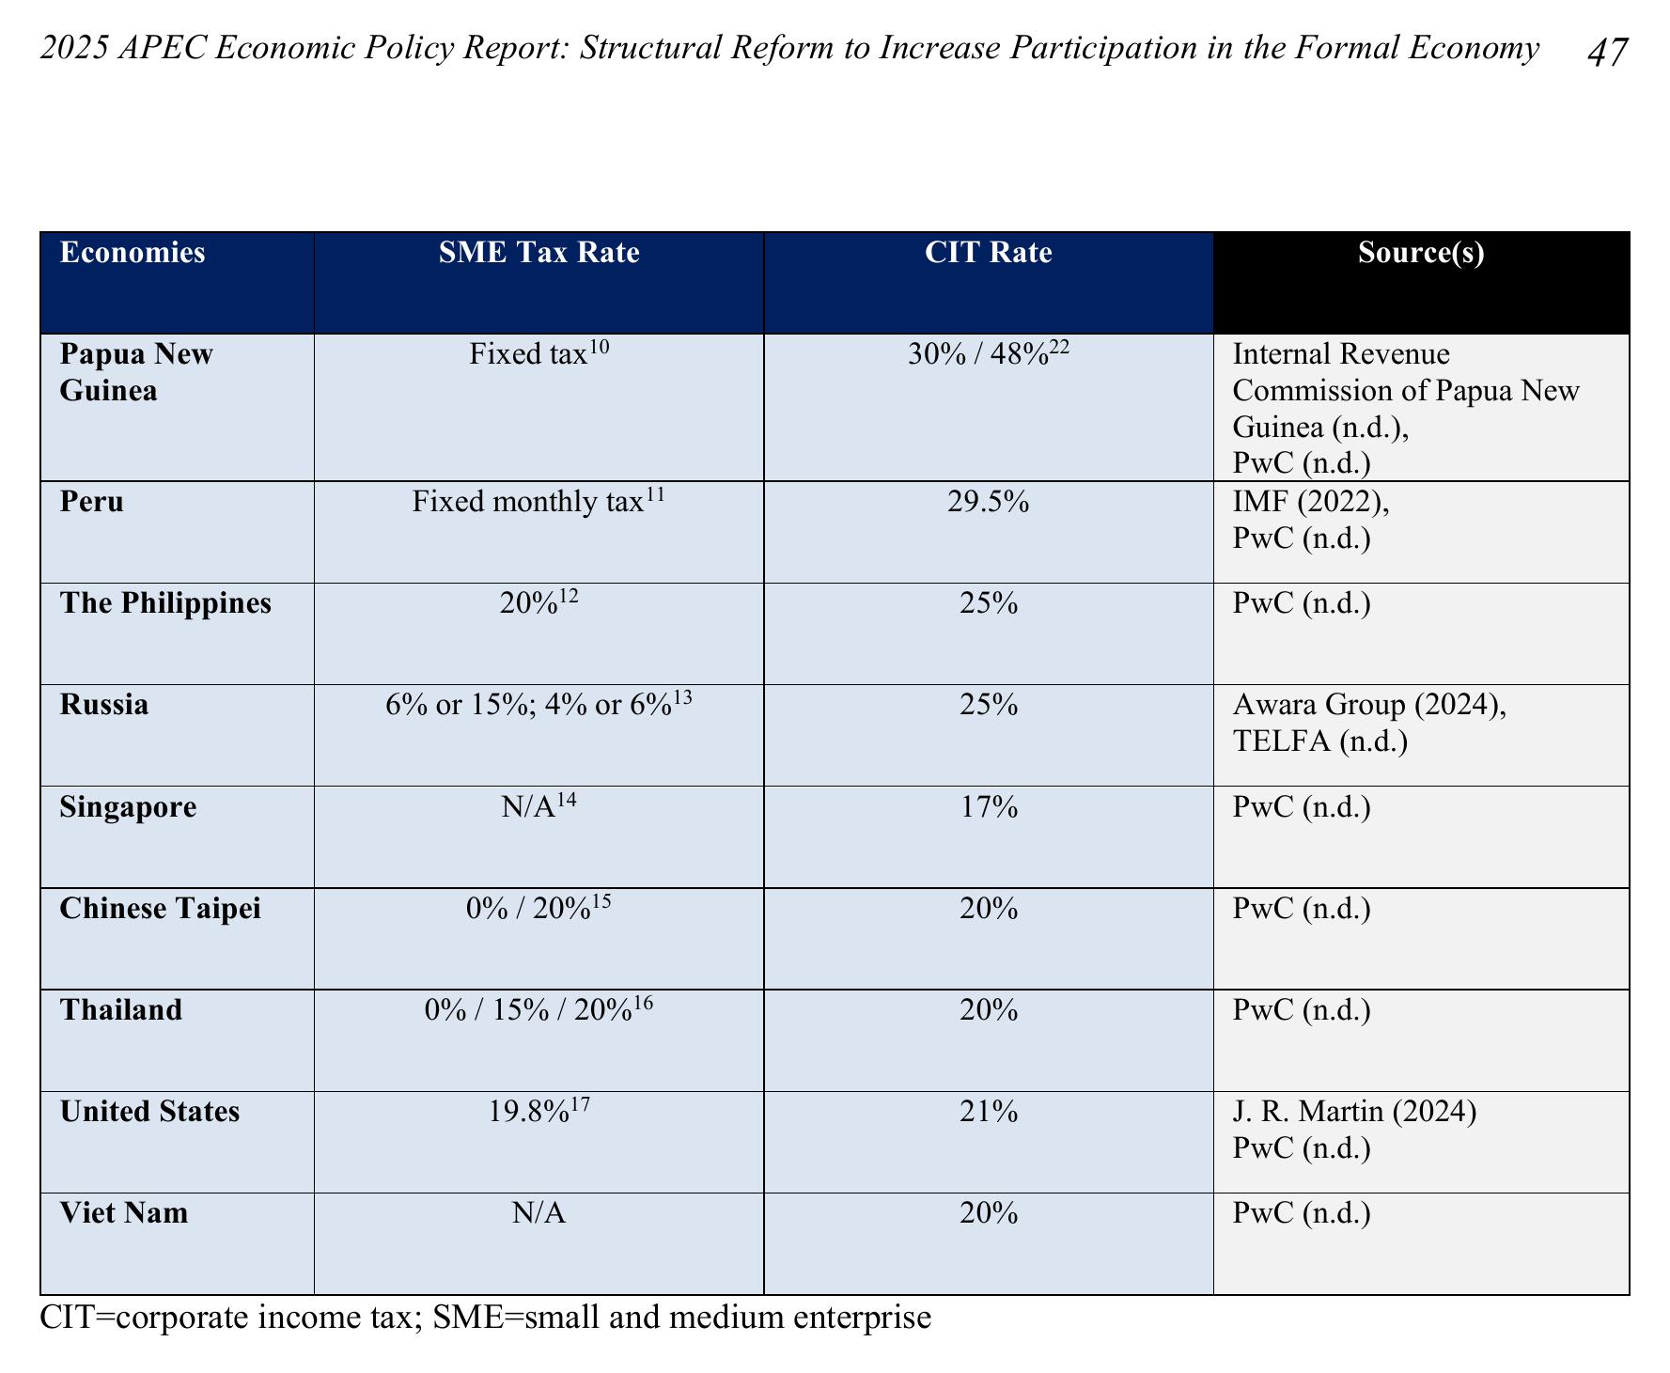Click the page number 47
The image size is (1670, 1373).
[1606, 52]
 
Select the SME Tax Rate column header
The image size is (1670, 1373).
[538, 253]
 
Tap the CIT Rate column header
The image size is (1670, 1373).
[989, 253]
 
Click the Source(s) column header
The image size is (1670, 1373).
[1421, 253]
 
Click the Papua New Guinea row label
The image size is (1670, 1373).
[137, 372]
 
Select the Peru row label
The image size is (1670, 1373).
[92, 502]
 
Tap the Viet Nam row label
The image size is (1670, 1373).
[124, 1213]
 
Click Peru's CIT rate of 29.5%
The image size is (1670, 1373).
[989, 502]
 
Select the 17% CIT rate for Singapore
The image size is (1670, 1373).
[989, 807]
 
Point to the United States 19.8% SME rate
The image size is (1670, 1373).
[539, 1111]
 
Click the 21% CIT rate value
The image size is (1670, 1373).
[989, 1112]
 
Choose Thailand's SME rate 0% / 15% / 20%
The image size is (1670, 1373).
[539, 1009]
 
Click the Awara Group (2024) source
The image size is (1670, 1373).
[1369, 706]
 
